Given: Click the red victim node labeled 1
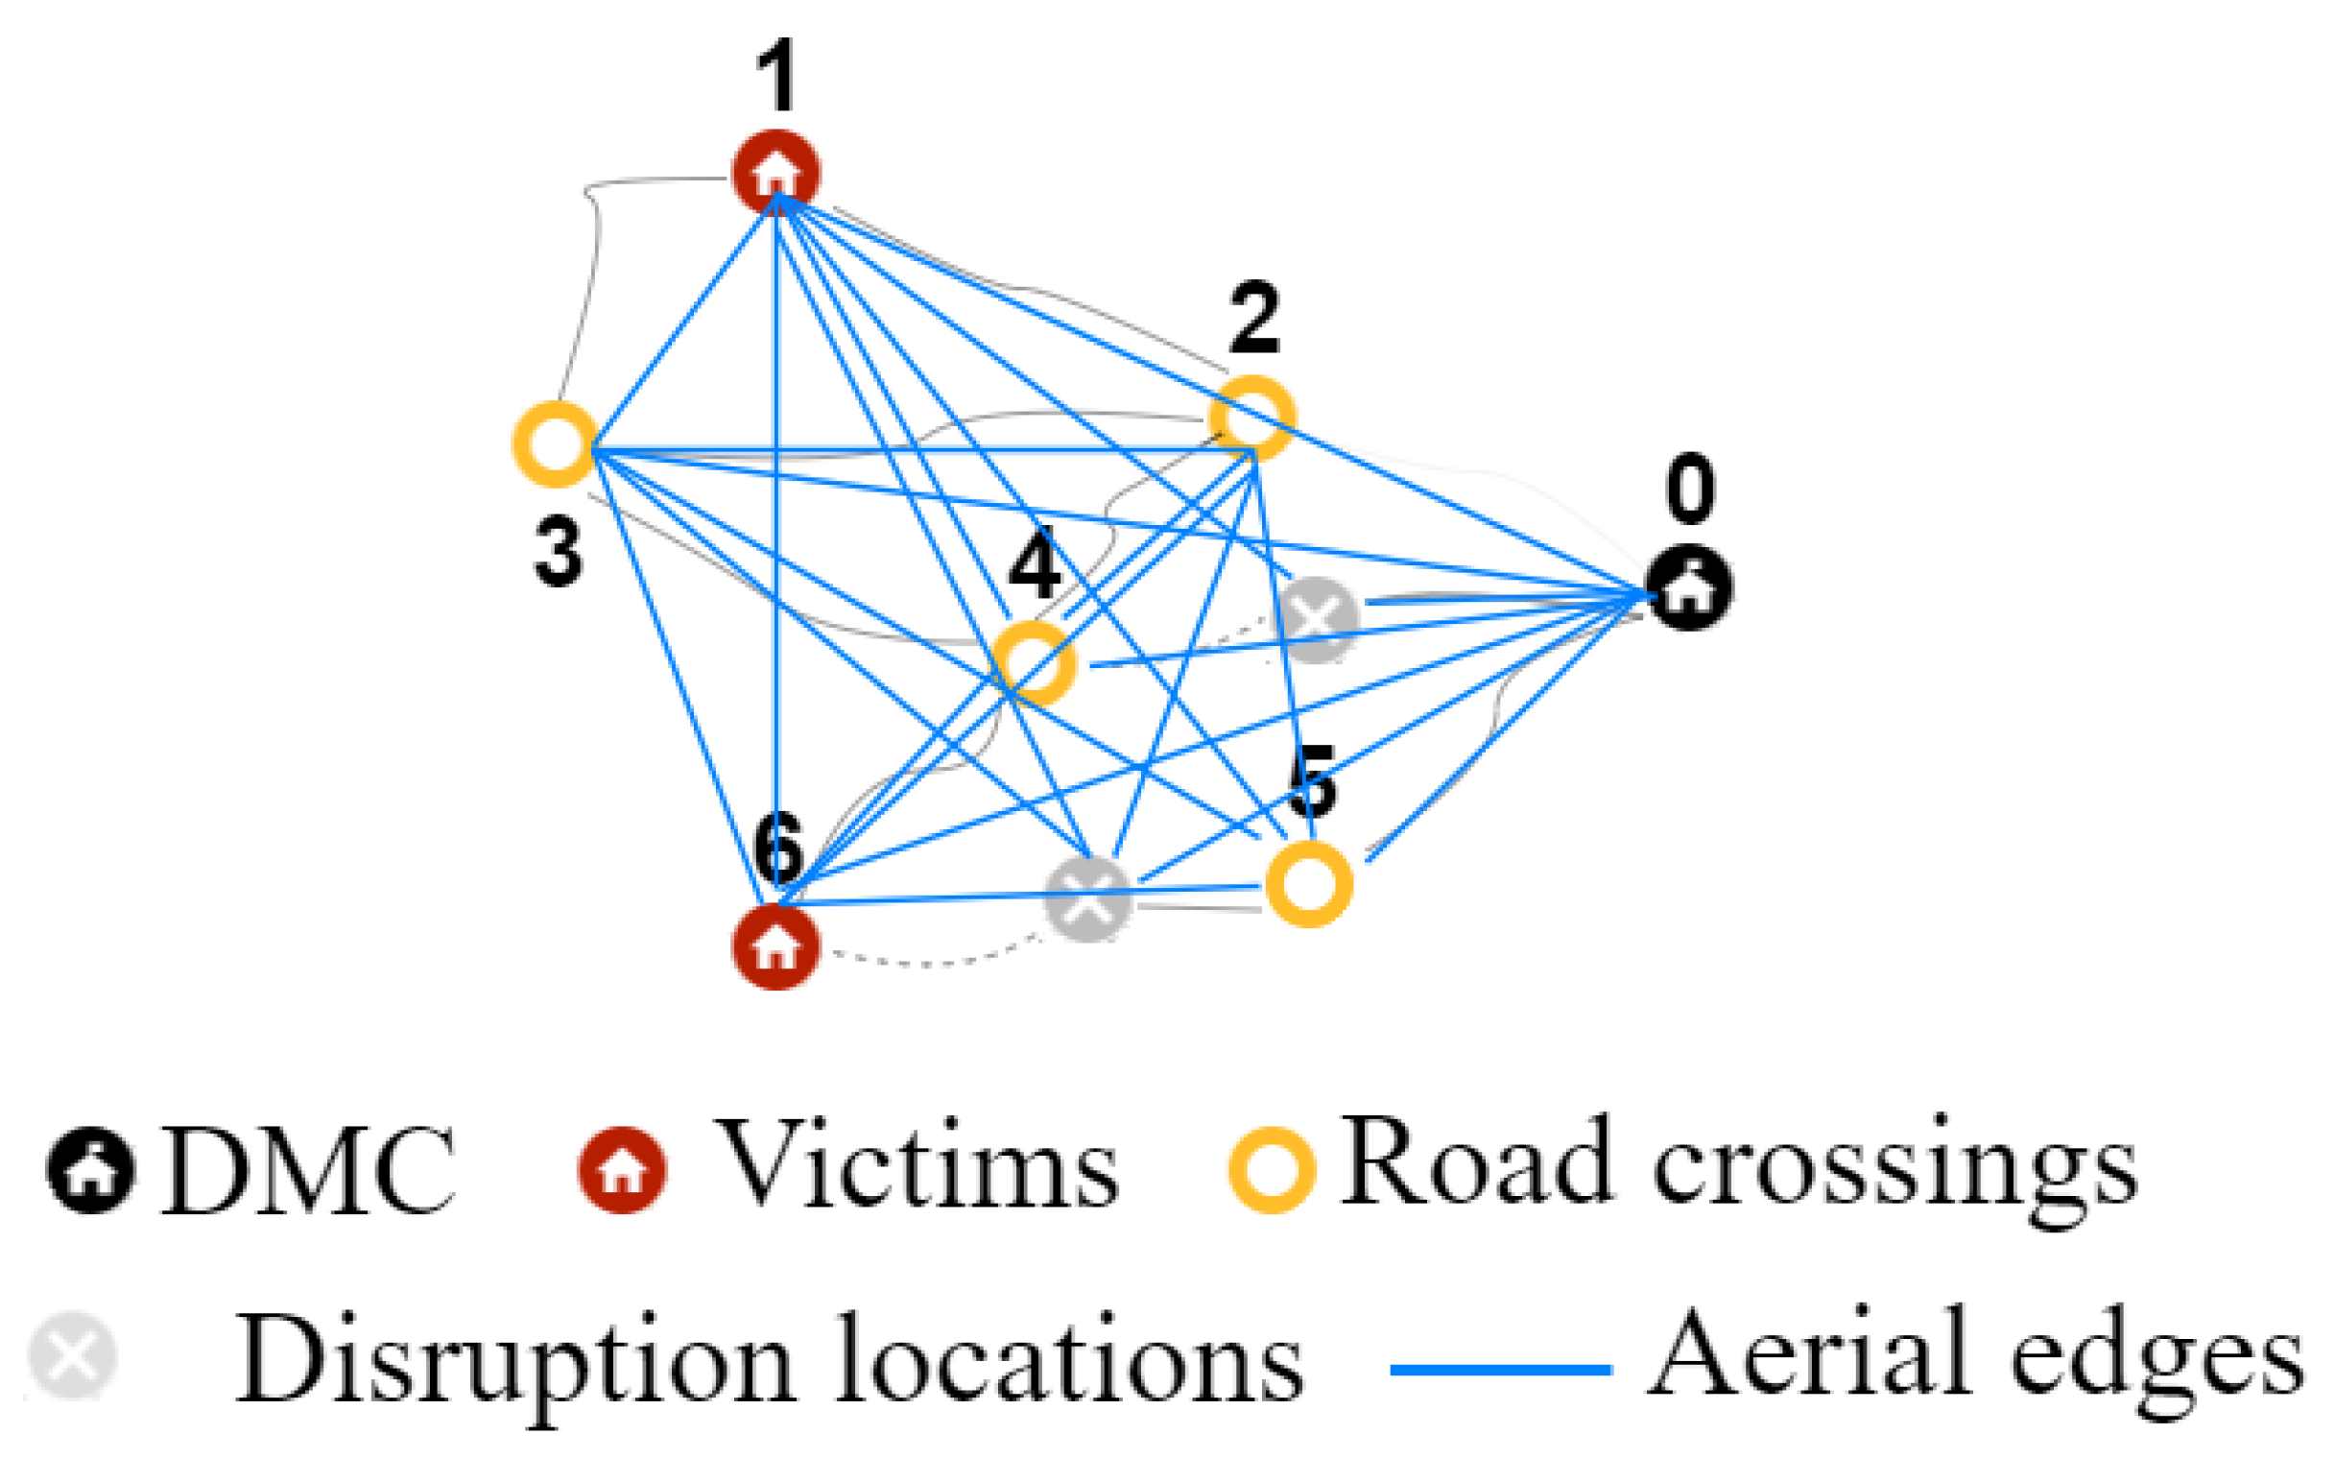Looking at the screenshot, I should click(x=776, y=173).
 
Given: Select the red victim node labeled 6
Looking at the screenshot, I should click(x=776, y=947).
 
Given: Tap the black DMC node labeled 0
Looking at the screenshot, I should click(x=1689, y=589).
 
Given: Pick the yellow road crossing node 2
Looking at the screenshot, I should click(x=1252, y=418).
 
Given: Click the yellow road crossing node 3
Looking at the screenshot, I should click(x=556, y=444).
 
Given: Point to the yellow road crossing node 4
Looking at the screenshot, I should click(x=1034, y=663).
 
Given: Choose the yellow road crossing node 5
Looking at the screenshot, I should click(x=1308, y=883).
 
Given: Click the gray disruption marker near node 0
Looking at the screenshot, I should click(x=1317, y=618).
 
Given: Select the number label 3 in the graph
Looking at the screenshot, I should click(x=559, y=551).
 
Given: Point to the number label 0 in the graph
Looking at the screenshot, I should click(x=1690, y=490).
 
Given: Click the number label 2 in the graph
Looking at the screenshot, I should click(x=1254, y=319).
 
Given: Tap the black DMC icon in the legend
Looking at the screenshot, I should click(x=90, y=1170).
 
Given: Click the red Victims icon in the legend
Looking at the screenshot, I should click(x=622, y=1170).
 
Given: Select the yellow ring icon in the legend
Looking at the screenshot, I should click(x=1272, y=1169).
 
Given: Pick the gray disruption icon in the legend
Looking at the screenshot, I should click(x=72, y=1355).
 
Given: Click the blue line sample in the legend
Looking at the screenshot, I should click(x=1500, y=1369).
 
